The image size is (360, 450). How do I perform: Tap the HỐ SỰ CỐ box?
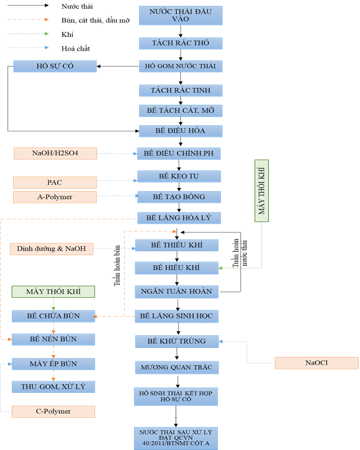click(54, 66)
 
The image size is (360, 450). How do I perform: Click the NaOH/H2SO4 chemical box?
click(54, 153)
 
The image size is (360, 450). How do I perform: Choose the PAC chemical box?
click(54, 181)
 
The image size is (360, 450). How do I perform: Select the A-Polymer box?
click(54, 197)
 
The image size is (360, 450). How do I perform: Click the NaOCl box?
click(316, 363)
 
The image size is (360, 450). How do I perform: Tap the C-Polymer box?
click(53, 411)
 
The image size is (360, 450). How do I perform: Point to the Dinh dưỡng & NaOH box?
click(51, 249)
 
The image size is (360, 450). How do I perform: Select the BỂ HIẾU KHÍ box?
click(177, 268)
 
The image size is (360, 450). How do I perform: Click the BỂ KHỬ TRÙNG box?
click(177, 341)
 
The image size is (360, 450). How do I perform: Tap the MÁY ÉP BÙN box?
click(53, 364)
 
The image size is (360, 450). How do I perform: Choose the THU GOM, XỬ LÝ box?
click(53, 387)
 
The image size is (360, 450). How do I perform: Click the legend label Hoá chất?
click(76, 48)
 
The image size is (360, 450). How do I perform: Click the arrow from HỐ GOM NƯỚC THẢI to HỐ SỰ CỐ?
click(118, 66)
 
